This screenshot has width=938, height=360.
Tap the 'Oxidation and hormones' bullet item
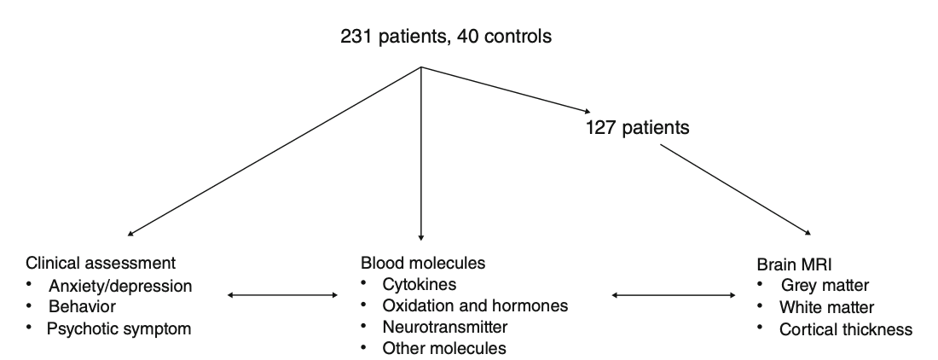click(461, 306)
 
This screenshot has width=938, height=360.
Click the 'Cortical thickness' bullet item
click(846, 328)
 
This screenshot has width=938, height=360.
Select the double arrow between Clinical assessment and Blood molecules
click(284, 296)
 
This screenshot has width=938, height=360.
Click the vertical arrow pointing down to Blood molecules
click(421, 154)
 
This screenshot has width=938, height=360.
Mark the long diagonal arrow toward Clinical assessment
click(273, 151)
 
